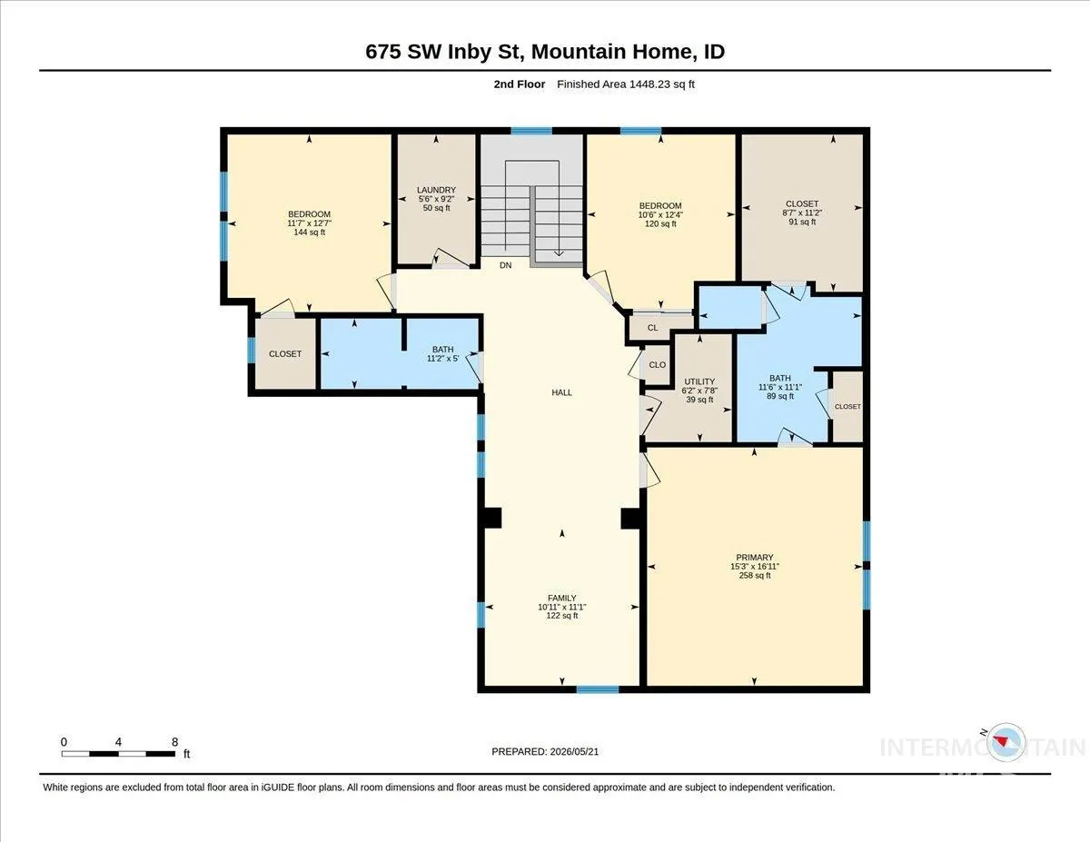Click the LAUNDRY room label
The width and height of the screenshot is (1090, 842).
point(436,190)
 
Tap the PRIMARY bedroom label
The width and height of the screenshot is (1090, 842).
point(755,557)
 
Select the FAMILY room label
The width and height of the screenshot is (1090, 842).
point(561,598)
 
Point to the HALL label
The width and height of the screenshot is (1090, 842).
point(561,392)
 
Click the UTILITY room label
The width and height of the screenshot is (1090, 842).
point(699,381)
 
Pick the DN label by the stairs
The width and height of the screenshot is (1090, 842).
point(506,265)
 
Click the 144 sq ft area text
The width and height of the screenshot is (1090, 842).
point(309,233)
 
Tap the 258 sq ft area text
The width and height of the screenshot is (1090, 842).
point(755,575)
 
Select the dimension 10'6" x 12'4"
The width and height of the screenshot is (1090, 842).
point(660,214)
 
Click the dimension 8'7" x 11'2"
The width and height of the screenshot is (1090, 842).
point(801,213)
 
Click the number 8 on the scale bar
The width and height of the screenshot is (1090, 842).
point(174,742)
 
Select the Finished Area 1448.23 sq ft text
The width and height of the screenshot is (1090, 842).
point(626,84)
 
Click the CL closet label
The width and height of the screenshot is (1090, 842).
point(652,328)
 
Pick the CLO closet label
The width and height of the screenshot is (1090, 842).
point(657,365)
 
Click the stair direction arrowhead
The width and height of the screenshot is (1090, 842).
point(559,253)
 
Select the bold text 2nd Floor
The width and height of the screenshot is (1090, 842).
point(520,84)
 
